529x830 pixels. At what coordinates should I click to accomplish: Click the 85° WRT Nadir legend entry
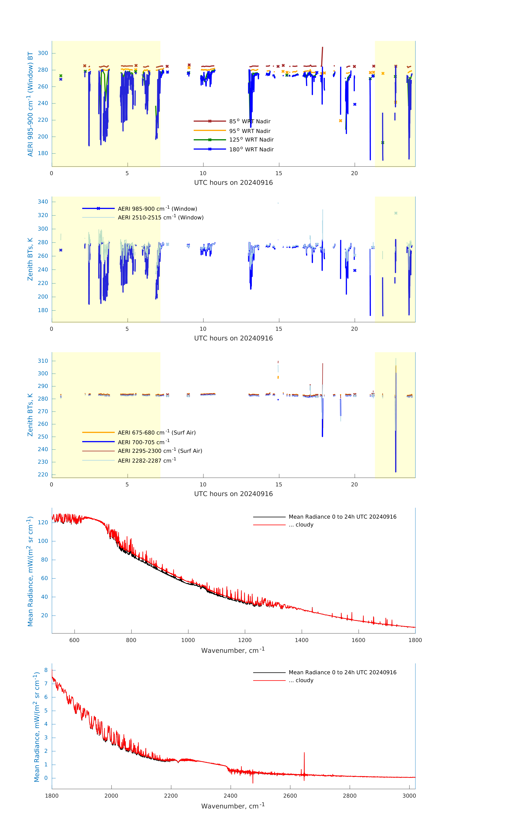tap(249, 121)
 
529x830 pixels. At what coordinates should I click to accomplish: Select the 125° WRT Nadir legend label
tap(251, 140)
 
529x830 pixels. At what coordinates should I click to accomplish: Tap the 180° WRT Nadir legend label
tap(251, 149)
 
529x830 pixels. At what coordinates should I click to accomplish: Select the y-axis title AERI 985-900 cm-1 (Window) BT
tap(30, 104)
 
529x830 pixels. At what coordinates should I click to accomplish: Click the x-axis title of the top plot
tap(233, 183)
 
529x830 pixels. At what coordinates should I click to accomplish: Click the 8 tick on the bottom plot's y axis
tap(46, 670)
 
